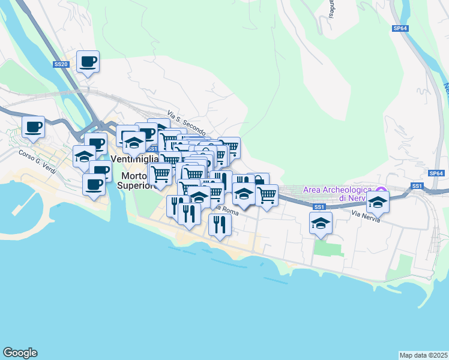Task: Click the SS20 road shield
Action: pos(60,64)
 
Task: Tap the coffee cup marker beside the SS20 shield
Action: pos(88,61)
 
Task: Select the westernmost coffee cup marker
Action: pos(33,127)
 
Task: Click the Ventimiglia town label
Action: pos(135,159)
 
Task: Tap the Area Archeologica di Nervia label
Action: pos(334,193)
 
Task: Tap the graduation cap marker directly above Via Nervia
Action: pos(378,202)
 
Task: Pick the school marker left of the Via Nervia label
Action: pos(321,223)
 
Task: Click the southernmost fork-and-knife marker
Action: pos(220,224)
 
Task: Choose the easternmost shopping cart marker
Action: pos(267,195)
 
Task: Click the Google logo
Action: pos(20,353)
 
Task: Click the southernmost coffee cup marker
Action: pos(94,184)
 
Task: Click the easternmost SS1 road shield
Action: pos(417,187)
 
